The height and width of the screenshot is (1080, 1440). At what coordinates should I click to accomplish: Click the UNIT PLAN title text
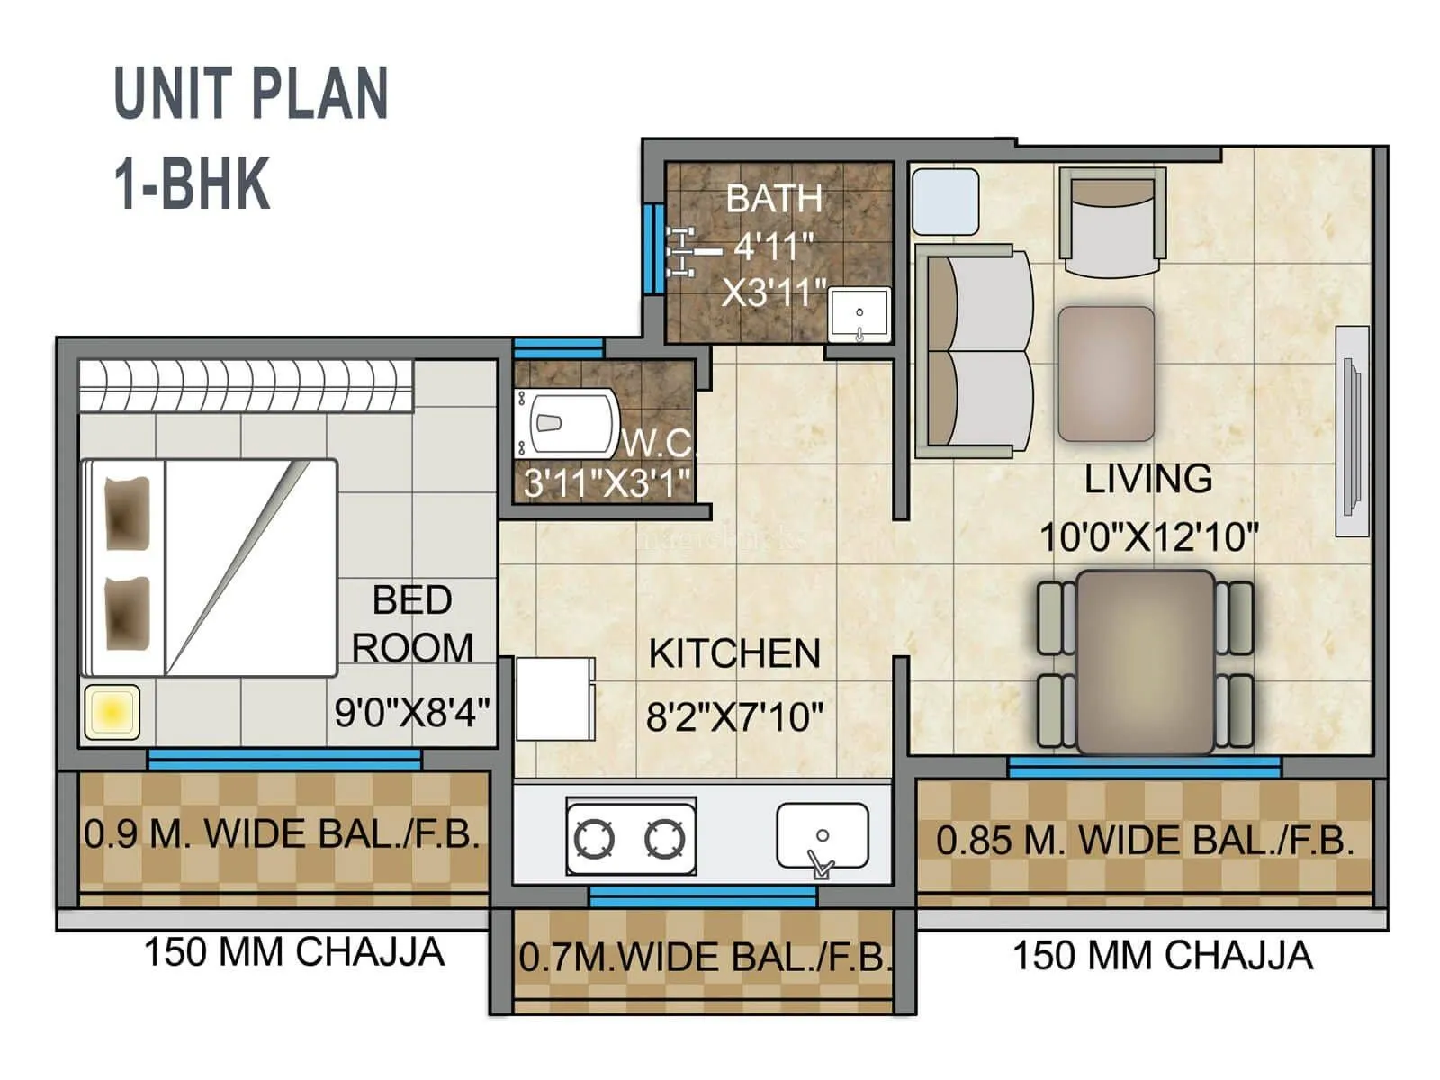(251, 94)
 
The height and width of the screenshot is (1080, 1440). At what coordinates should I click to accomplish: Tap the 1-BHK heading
(192, 184)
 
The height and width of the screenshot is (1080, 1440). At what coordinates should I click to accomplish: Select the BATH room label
(774, 199)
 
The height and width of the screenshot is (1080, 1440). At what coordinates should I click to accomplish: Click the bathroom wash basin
(859, 314)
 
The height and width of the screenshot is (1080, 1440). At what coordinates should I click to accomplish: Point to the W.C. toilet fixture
(567, 422)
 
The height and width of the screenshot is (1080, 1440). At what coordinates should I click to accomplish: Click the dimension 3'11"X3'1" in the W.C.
(607, 483)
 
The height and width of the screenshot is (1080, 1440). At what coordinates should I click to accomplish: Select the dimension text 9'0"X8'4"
(412, 713)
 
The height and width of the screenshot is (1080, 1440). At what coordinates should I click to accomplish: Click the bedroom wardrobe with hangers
(245, 386)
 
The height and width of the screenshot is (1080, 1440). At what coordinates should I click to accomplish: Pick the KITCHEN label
(734, 654)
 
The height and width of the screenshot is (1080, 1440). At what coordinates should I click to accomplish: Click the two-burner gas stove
(630, 838)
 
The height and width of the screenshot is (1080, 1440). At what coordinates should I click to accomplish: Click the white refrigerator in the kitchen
(554, 698)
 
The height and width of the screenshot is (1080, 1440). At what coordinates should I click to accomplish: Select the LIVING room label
(1147, 479)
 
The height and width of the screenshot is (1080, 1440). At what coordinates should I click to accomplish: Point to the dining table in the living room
(1145, 661)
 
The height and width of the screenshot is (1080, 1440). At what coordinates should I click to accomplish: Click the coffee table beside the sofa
(1106, 373)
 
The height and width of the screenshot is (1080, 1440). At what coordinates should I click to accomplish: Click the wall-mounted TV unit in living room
(1351, 431)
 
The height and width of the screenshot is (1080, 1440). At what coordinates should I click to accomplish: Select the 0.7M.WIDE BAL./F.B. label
(705, 958)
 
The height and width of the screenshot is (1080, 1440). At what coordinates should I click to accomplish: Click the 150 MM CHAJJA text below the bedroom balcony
(294, 952)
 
